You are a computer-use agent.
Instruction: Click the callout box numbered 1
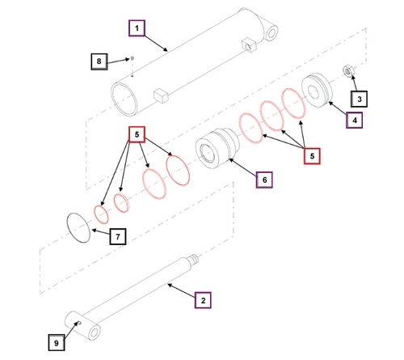[137, 29]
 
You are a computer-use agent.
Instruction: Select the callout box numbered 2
[203, 300]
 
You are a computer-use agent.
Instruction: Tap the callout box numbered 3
[360, 99]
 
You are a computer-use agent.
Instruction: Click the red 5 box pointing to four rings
[137, 134]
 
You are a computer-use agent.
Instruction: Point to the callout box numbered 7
[117, 237]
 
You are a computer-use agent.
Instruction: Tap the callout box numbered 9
[56, 343]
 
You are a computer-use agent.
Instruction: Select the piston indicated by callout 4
[316, 88]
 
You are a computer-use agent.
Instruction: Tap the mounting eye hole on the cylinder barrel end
[271, 35]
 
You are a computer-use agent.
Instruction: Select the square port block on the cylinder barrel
[160, 96]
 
